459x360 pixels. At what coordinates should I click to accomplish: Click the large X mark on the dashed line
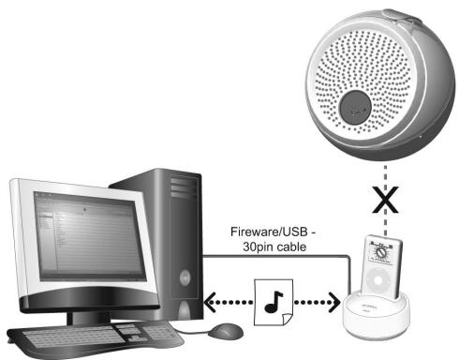tap(385, 200)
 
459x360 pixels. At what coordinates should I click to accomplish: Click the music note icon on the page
tap(274, 302)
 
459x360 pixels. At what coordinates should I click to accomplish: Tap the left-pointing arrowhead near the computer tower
tap(210, 302)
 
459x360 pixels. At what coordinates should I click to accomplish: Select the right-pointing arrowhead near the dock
tap(334, 302)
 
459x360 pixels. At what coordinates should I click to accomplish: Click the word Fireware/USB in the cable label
tap(269, 232)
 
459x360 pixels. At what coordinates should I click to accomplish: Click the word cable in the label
tap(291, 247)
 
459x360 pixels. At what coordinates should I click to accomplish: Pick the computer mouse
tap(226, 331)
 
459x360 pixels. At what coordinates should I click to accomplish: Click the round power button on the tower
tap(185, 277)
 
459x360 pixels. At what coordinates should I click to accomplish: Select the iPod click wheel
tap(378, 280)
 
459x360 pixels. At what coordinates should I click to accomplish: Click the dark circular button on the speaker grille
tap(355, 107)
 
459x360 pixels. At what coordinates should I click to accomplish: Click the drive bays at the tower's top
tap(185, 187)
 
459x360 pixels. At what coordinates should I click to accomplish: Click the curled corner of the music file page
tap(288, 319)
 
